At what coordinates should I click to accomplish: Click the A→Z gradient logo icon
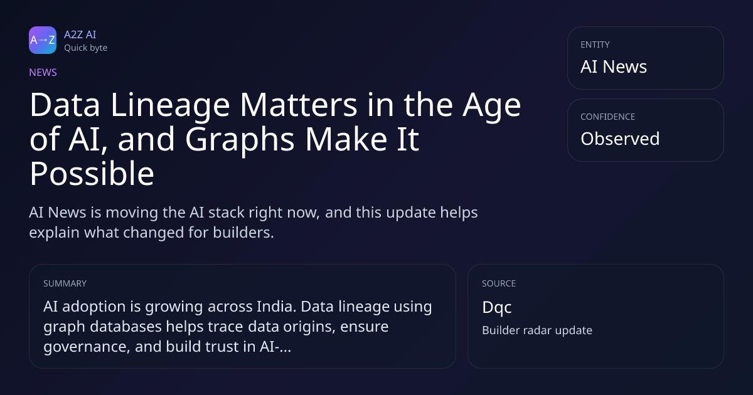(x=43, y=40)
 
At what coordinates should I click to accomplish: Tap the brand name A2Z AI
(x=80, y=34)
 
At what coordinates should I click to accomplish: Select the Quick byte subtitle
(x=86, y=48)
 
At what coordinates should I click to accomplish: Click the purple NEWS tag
(x=43, y=72)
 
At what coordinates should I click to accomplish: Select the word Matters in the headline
(x=299, y=105)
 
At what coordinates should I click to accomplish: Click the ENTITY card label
(x=595, y=45)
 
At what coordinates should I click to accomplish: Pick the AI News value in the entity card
(x=614, y=66)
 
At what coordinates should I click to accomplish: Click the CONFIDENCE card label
(x=608, y=117)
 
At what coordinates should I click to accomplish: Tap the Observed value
(x=620, y=139)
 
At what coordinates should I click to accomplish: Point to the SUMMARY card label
(x=65, y=283)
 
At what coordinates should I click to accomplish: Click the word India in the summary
(x=276, y=307)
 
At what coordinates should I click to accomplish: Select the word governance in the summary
(x=87, y=347)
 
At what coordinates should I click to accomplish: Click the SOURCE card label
(x=499, y=283)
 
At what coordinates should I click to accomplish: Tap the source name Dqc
(x=497, y=308)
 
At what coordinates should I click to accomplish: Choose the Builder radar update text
(x=537, y=330)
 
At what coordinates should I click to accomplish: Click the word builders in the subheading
(x=243, y=233)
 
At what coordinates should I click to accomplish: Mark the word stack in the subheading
(x=223, y=213)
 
